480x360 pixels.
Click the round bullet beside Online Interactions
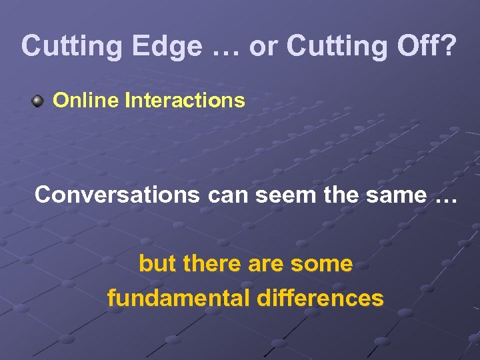click(x=37, y=101)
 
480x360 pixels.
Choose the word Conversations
click(x=117, y=195)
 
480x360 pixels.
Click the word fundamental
click(x=178, y=297)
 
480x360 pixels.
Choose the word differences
click(x=320, y=297)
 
